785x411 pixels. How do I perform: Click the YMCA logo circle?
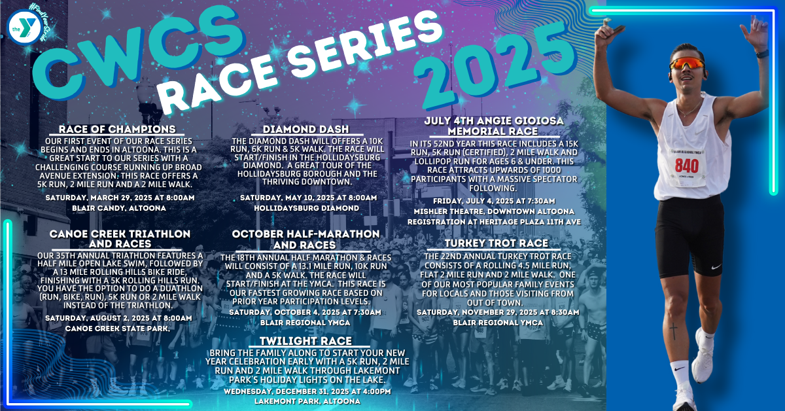[x=24, y=27]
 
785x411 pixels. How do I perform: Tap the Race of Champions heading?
[x=117, y=129]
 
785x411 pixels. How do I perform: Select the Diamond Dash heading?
[x=306, y=129]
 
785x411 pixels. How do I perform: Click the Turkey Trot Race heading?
[x=497, y=243]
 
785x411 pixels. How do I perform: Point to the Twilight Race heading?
[x=305, y=341]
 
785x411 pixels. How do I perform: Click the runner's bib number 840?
[x=686, y=166]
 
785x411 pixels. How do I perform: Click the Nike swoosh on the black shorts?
[x=715, y=266]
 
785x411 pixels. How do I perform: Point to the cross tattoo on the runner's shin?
[x=673, y=331]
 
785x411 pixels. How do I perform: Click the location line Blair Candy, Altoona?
[x=119, y=208]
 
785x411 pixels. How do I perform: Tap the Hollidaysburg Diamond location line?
[x=306, y=208]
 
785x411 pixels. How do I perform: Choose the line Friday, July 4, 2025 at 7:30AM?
[x=494, y=202]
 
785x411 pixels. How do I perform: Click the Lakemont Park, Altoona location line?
[x=307, y=401]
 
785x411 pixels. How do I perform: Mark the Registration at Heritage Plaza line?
[x=494, y=222]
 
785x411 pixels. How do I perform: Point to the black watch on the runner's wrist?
[x=763, y=54]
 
